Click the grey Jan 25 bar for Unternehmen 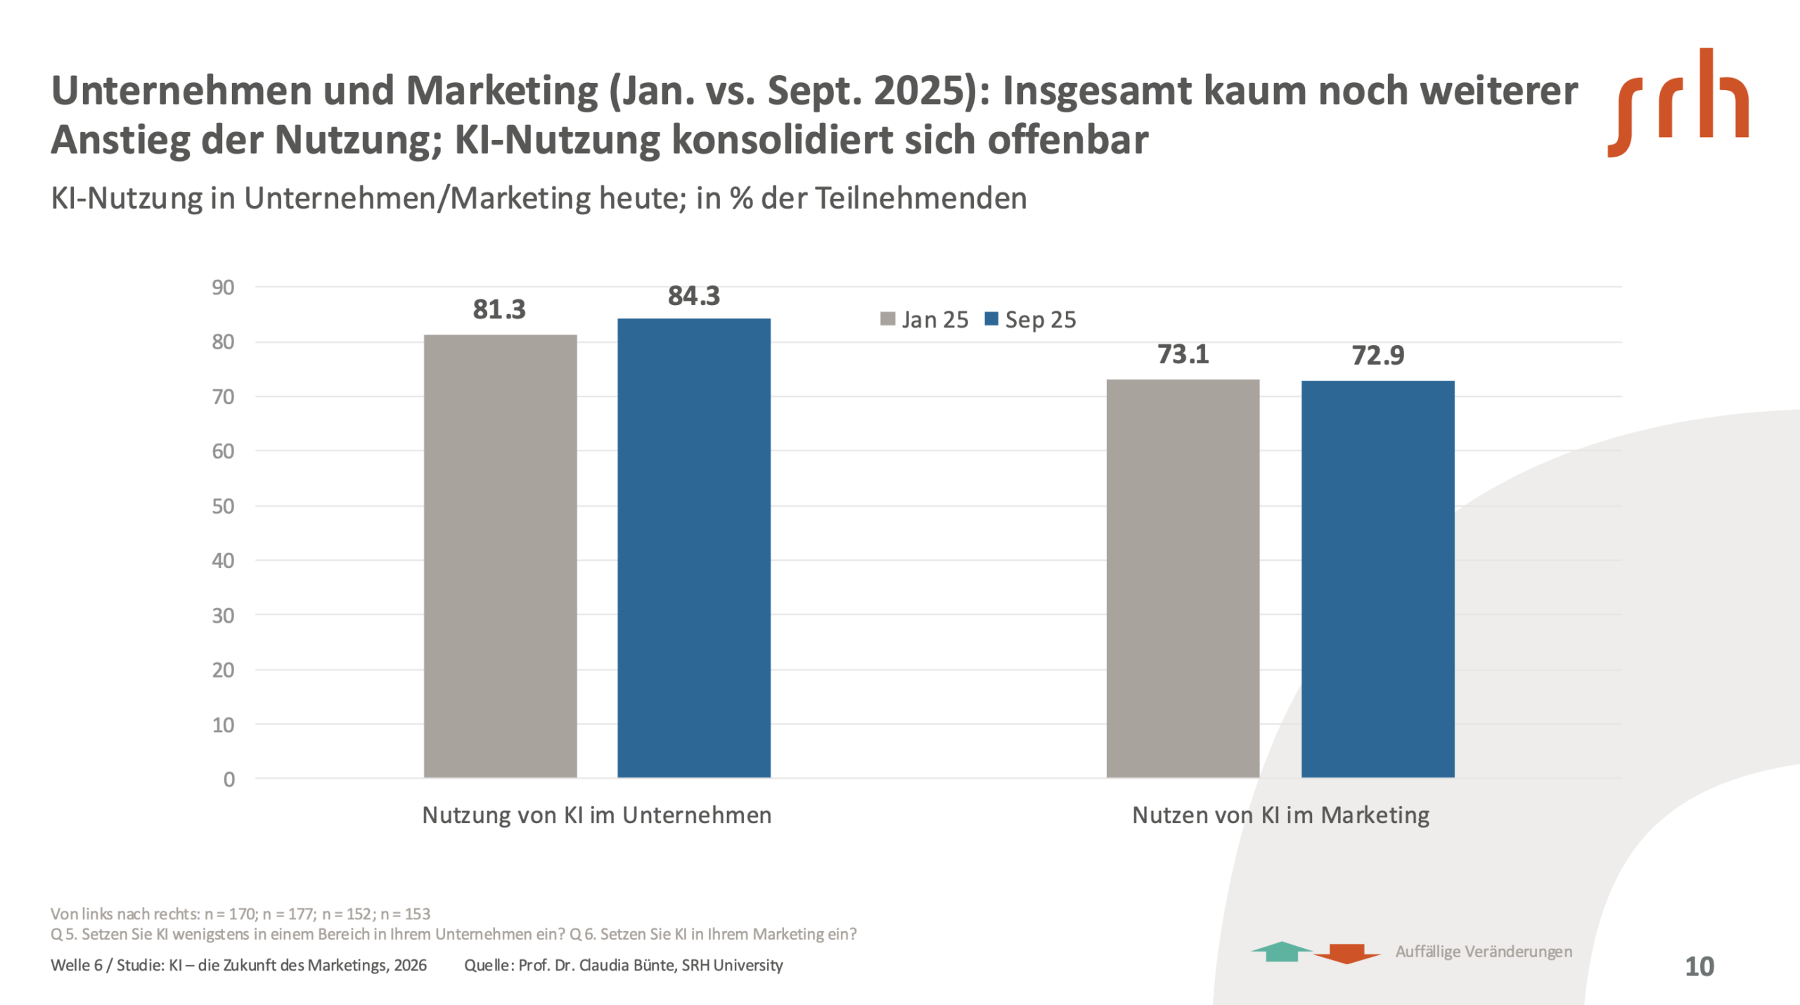[x=500, y=555]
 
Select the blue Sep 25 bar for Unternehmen [x=694, y=548]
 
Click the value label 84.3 [x=694, y=296]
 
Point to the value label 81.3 [x=499, y=309]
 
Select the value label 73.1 [x=1183, y=354]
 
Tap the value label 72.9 [x=1378, y=356]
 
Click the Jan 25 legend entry [x=925, y=320]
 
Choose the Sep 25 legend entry [x=1031, y=320]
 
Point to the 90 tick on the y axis [x=223, y=287]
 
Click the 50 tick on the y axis [x=223, y=506]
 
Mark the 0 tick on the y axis [x=229, y=779]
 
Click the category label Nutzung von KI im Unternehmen [x=596, y=815]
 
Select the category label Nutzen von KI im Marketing [x=1280, y=815]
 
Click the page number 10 [x=1699, y=966]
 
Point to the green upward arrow [x=1282, y=951]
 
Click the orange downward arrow [x=1346, y=954]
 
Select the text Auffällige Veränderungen [x=1484, y=952]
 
